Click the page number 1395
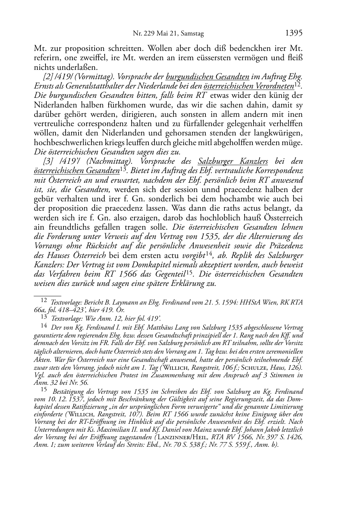(x=294, y=33)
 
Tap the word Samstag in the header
(x=192, y=34)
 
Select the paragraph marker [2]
(x=48, y=77)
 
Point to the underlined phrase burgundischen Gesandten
(x=208, y=77)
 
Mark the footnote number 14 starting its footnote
(x=44, y=326)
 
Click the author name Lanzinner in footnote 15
(x=174, y=437)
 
